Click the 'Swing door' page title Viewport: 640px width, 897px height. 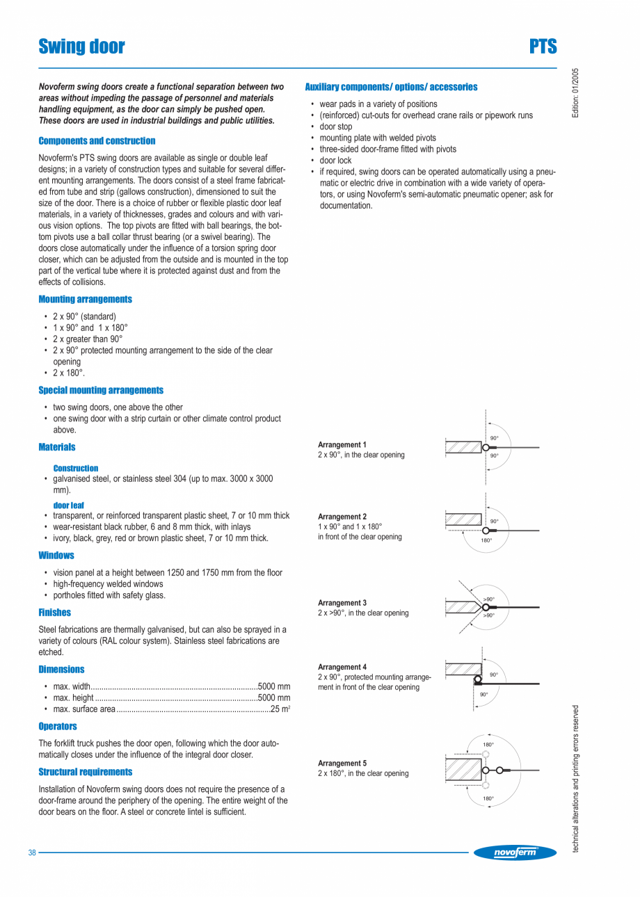(82, 47)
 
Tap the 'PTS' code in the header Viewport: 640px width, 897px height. (543, 47)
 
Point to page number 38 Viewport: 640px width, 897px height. (32, 853)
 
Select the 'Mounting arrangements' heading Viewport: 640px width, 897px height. (85, 299)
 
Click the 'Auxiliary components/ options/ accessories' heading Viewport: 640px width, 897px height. (391, 87)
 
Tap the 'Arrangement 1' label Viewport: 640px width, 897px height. (342, 444)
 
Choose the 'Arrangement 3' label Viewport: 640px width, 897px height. (342, 602)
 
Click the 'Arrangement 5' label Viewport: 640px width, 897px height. (342, 763)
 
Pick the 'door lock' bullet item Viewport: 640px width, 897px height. (335, 161)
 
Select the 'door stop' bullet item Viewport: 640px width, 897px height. (335, 127)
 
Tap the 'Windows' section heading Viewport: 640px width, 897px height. (56, 556)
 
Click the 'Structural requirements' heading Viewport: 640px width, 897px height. (85, 772)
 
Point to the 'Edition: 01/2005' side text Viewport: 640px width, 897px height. (575, 92)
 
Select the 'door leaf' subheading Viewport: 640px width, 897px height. (68, 505)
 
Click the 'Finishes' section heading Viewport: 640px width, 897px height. (54, 613)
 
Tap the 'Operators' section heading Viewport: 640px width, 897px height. (58, 727)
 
